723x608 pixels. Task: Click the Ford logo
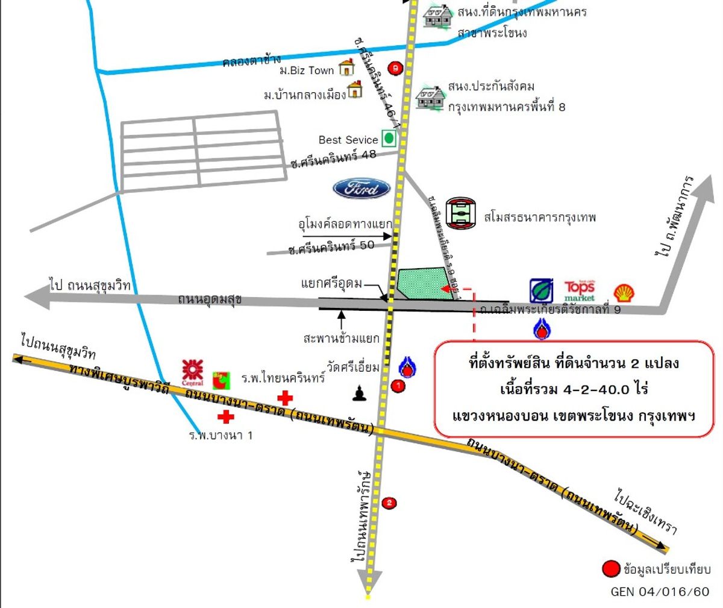click(361, 189)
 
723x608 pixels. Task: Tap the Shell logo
click(624, 293)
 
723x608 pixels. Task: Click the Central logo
click(192, 372)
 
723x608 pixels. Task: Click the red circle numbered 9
click(395, 68)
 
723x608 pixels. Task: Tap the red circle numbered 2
click(390, 503)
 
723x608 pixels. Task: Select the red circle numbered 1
click(398, 385)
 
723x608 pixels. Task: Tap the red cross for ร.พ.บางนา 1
click(226, 416)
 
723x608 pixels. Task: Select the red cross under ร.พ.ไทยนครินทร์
click(284, 398)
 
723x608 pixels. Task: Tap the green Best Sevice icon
click(389, 138)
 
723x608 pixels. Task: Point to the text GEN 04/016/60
click(660, 591)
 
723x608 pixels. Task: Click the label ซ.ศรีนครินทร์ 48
click(333, 158)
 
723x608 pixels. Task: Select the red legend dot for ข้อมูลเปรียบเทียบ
click(611, 568)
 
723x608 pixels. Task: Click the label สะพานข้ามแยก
click(342, 338)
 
